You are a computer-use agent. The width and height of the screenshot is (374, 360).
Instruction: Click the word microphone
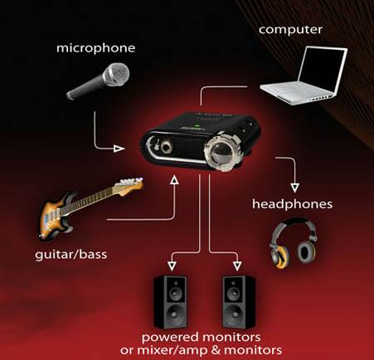(95, 48)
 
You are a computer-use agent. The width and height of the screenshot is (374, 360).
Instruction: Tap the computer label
(290, 30)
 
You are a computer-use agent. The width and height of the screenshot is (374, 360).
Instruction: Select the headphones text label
(292, 204)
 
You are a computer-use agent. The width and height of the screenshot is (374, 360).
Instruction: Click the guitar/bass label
(71, 255)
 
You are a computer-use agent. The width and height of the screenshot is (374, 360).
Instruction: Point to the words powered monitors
(201, 338)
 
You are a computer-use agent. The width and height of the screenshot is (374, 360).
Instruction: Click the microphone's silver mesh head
(115, 75)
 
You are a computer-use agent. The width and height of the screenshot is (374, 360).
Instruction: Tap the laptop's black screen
(322, 70)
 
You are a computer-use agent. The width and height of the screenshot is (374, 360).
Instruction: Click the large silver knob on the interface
(222, 151)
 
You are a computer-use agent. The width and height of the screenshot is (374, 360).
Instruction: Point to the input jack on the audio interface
(167, 146)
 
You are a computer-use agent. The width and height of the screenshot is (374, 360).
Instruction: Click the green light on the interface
(197, 125)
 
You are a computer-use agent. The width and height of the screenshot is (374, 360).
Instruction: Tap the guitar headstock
(130, 185)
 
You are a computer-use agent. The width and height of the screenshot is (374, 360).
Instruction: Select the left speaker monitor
(170, 301)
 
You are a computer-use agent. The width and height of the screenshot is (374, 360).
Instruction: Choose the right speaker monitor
(239, 301)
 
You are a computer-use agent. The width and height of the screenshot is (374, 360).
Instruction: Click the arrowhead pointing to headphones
(295, 187)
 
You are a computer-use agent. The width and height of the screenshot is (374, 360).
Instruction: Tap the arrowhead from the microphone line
(119, 148)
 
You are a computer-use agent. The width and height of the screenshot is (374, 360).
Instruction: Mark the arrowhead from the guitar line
(174, 180)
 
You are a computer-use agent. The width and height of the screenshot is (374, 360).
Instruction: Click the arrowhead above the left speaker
(172, 266)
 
